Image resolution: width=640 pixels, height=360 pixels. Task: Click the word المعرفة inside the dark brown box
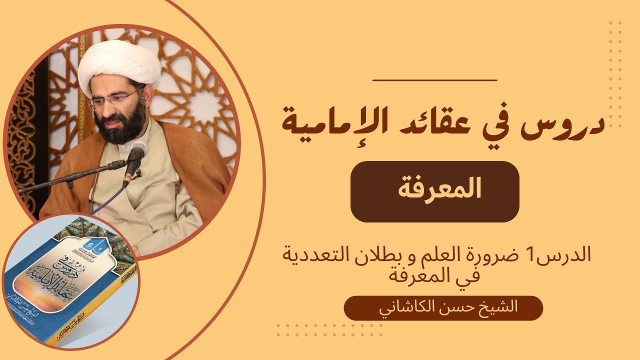(435, 191)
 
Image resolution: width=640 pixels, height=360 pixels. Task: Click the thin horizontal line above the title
(435, 79)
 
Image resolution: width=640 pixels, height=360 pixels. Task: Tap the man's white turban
(119, 65)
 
